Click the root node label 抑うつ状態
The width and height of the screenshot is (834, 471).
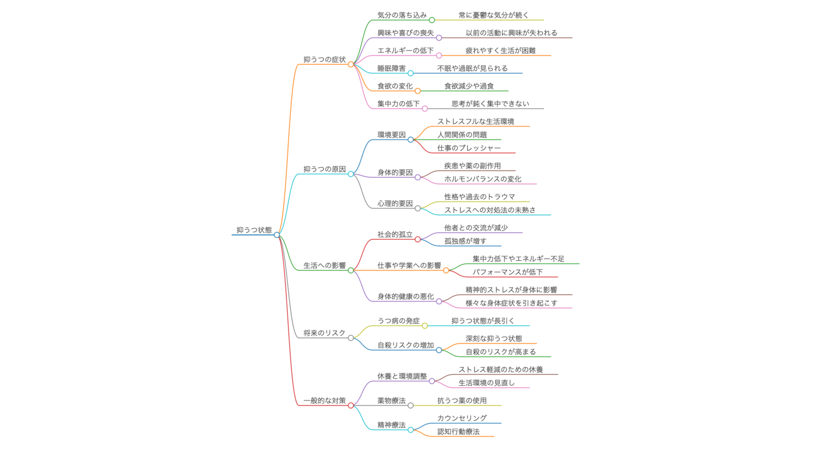(254, 230)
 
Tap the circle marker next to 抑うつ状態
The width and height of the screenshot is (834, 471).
(277, 235)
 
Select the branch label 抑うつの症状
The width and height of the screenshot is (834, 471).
(324, 59)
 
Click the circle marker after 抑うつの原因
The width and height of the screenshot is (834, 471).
(350, 174)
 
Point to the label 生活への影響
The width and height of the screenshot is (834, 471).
(324, 265)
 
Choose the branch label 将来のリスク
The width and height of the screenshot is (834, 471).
(324, 333)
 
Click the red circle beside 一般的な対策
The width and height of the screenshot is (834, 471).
(350, 406)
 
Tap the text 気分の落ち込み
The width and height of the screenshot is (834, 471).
(402, 15)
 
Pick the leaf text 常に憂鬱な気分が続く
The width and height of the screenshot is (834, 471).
(493, 15)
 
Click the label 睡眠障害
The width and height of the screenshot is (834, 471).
(392, 68)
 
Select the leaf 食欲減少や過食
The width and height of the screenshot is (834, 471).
(469, 86)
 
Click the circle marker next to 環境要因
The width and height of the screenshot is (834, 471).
(411, 140)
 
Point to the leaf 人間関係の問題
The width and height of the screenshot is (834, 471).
(462, 135)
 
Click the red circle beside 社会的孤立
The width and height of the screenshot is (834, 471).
(418, 239)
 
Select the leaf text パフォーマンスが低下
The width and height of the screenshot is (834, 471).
(508, 272)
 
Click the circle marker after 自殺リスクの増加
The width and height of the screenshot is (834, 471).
(439, 350)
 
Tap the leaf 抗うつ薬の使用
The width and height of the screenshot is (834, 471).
(462, 400)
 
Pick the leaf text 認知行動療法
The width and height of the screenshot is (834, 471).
(459, 432)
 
